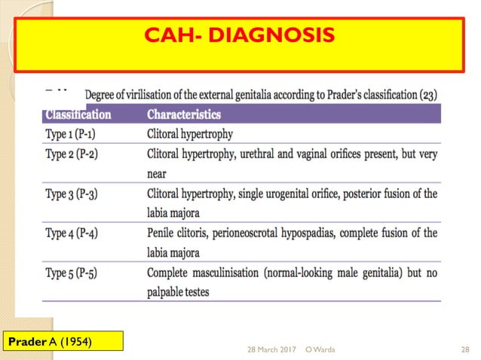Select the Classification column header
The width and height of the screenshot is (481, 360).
coord(78,114)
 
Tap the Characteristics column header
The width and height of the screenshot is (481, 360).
coord(183,114)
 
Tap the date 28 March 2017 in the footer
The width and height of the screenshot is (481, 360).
coord(271,349)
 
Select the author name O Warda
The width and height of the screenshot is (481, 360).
coord(321,349)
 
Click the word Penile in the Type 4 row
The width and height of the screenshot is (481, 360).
coord(164,233)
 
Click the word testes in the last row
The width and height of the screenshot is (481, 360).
coord(196,291)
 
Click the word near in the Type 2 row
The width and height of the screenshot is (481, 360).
coord(158,173)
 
